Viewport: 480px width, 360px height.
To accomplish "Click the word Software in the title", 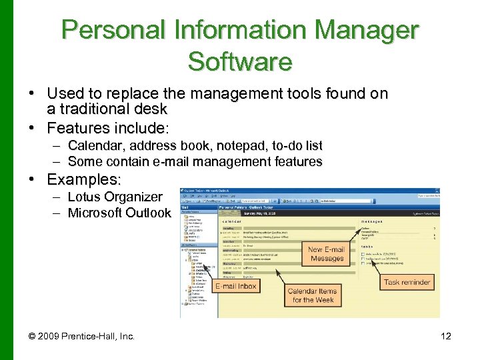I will click(x=240, y=61).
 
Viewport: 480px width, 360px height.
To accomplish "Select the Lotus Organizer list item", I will click(x=115, y=197).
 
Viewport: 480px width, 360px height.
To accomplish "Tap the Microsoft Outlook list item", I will click(x=119, y=213).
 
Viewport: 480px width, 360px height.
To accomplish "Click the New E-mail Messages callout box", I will click(x=327, y=254).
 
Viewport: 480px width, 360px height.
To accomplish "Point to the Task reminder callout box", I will click(x=407, y=282).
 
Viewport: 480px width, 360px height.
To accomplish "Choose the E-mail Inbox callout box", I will click(x=236, y=286).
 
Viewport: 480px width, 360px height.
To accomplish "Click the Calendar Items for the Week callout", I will click(x=311, y=295).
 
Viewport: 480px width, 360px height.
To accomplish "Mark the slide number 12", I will click(x=446, y=336).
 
